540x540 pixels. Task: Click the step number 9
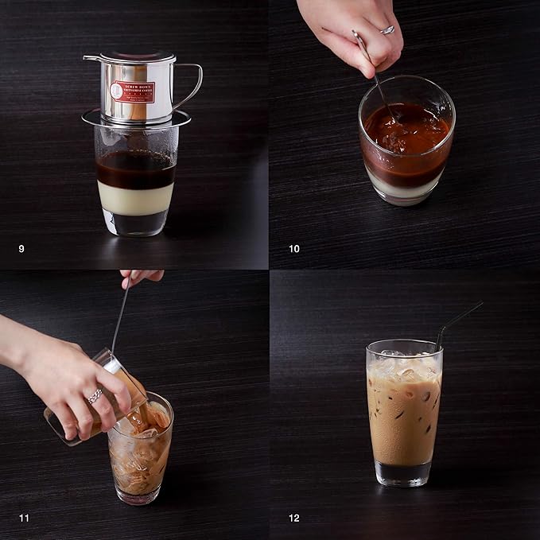21,249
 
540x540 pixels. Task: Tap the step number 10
294,249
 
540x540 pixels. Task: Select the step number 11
24,519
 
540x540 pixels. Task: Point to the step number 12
294,519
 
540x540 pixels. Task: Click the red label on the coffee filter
132,91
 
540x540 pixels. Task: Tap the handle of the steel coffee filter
189,84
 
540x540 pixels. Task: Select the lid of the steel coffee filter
129,58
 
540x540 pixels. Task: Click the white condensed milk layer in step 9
134,198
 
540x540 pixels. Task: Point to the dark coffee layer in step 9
134,169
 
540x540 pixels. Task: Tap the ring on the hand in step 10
387,29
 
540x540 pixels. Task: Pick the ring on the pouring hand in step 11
95,395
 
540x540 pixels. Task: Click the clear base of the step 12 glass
403,473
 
